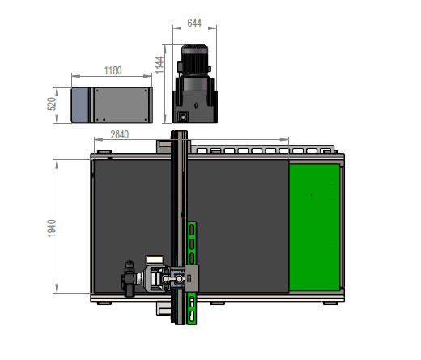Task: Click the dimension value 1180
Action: (113, 70)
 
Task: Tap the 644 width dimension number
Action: (194, 23)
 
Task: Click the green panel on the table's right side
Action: (315, 227)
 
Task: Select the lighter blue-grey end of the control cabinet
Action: (80, 105)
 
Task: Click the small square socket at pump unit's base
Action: (184, 115)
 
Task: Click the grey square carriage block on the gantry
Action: (192, 277)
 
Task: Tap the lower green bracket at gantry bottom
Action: (191, 310)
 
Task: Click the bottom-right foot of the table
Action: (328, 304)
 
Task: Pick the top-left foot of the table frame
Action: (104, 150)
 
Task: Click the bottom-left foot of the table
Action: (104, 304)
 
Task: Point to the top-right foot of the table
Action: (328, 150)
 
